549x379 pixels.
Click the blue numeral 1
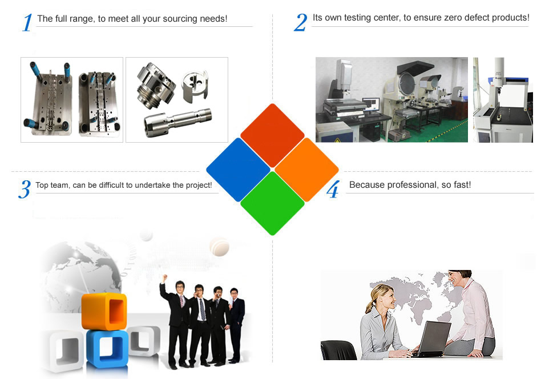point(27,23)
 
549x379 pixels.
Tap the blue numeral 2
point(300,22)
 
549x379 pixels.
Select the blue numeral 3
point(25,189)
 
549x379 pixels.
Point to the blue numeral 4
point(333,189)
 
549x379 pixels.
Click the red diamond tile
point(272,135)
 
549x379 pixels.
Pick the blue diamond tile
point(238,170)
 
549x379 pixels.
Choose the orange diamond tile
point(306,170)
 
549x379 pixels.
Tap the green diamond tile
point(272,204)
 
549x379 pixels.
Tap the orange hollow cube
point(104,312)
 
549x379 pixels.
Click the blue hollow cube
point(107,349)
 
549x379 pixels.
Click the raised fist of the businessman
point(164,278)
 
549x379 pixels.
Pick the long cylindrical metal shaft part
point(178,122)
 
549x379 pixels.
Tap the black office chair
point(338,350)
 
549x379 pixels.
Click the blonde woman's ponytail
point(369,305)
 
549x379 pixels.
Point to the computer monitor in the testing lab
point(371,104)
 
